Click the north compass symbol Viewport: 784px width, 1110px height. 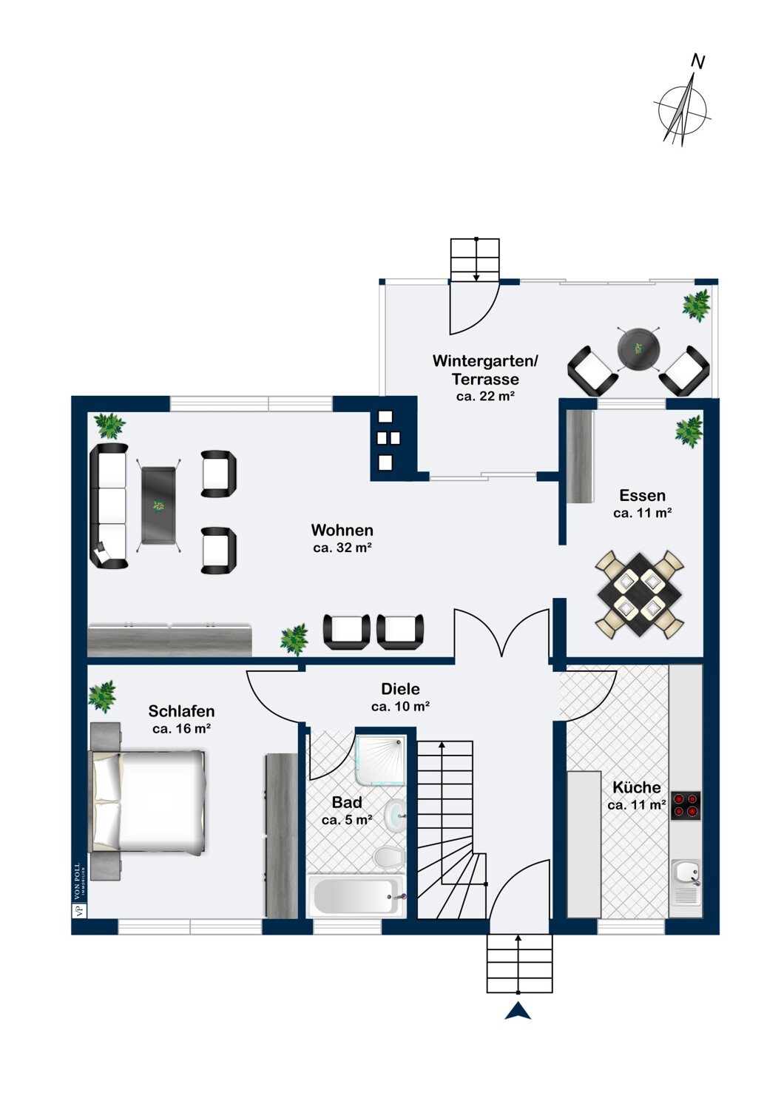(x=683, y=105)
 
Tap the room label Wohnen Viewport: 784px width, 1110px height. (x=342, y=530)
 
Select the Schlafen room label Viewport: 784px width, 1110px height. (x=181, y=711)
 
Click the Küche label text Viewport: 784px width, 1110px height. (x=636, y=787)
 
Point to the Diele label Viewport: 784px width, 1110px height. (x=400, y=688)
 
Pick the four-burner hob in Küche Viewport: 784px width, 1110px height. (x=686, y=804)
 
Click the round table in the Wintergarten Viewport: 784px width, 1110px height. (x=638, y=348)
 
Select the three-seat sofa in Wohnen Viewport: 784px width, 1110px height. (x=109, y=506)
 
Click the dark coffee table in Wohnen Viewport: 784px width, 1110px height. (x=158, y=505)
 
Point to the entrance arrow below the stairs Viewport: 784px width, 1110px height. (x=518, y=1011)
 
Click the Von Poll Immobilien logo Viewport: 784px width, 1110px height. (x=80, y=892)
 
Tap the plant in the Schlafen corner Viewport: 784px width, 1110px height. (x=103, y=696)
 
